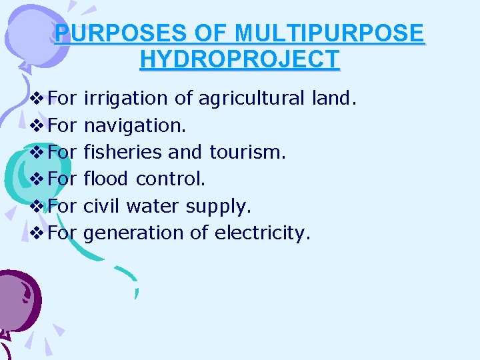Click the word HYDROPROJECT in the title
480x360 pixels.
click(x=240, y=59)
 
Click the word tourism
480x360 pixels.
click(x=247, y=152)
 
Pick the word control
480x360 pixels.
click(x=171, y=179)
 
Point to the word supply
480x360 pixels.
click(x=218, y=207)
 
